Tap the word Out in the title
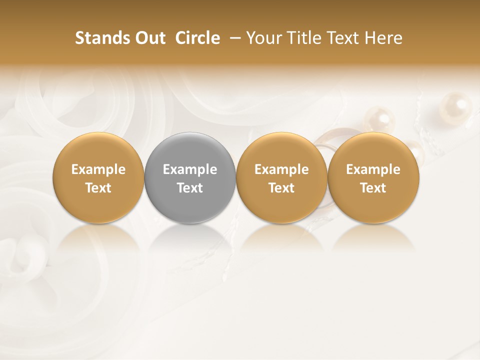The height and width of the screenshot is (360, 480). click(x=148, y=38)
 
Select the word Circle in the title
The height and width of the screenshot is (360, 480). click(x=197, y=38)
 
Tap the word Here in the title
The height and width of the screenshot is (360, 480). click(x=383, y=38)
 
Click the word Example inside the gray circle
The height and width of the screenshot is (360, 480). click(x=190, y=169)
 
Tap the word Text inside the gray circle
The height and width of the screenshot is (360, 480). click(x=190, y=188)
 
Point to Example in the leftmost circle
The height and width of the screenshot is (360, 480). click(x=98, y=169)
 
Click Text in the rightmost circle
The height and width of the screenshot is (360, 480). click(x=373, y=188)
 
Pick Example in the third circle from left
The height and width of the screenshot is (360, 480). click(x=281, y=169)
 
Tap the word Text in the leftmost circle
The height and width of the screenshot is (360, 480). click(x=98, y=188)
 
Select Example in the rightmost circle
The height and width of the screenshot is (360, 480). click(x=373, y=169)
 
